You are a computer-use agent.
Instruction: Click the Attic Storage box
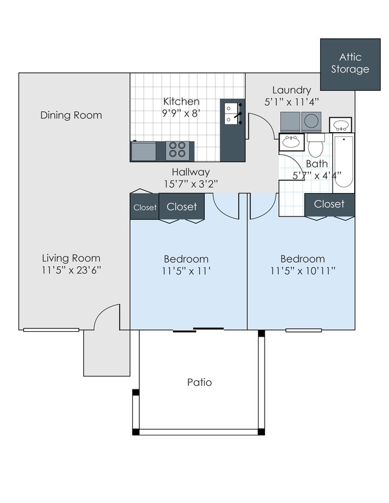click(350, 65)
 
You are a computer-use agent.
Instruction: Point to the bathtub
click(344, 161)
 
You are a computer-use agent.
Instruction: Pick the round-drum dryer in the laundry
click(311, 121)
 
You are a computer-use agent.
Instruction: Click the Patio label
click(199, 382)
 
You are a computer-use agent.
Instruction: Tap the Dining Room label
click(71, 115)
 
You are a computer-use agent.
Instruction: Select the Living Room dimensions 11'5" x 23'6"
click(71, 270)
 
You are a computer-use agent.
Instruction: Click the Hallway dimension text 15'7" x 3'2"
click(191, 184)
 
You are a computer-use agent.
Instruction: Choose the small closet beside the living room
click(145, 207)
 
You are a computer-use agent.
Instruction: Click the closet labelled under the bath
click(329, 205)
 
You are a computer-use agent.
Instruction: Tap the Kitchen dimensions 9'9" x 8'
click(181, 113)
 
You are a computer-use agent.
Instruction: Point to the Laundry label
click(291, 90)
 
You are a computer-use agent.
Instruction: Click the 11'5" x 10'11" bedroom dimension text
click(303, 271)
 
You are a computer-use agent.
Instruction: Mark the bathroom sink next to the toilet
click(291, 142)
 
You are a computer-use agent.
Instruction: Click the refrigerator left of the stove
click(144, 151)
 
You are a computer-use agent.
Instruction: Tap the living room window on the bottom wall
click(51, 330)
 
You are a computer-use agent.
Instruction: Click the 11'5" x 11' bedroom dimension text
click(186, 271)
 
